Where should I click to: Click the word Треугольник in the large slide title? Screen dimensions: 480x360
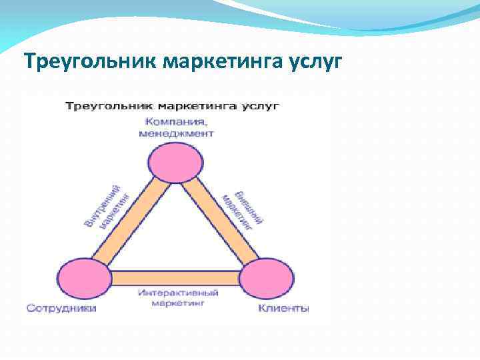pos(91,62)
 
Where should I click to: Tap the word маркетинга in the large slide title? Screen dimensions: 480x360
pos(226,62)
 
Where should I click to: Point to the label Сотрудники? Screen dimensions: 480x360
pos(61,308)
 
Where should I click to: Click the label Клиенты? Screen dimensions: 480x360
pos(283,308)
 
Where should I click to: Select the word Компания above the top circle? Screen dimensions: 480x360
pos(176,121)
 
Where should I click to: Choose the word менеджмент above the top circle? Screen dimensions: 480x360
pos(176,133)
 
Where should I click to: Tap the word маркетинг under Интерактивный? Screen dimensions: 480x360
pos(176,303)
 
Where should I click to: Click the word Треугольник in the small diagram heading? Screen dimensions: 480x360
pos(97,106)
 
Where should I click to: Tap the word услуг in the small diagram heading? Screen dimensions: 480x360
pos(262,106)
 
